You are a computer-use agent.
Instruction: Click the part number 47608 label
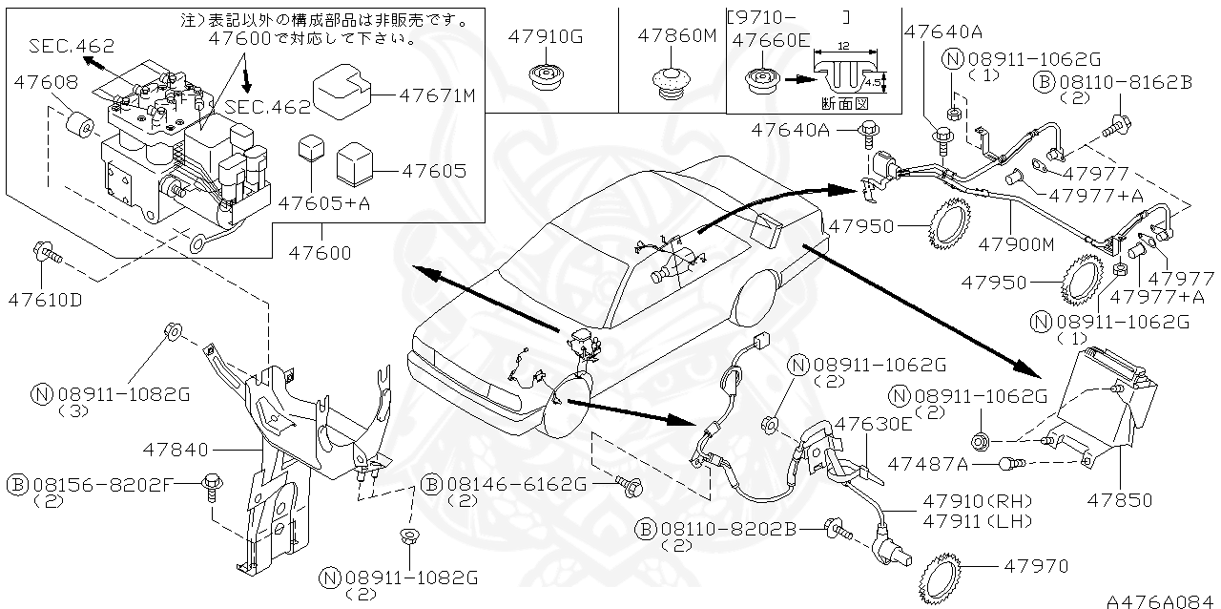point(46,83)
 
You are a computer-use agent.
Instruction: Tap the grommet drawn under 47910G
point(545,78)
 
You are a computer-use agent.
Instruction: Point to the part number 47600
point(320,253)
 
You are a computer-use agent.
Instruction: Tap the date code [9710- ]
point(788,16)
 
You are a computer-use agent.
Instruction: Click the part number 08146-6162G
point(516,485)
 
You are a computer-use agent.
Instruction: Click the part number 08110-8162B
point(1125,83)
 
